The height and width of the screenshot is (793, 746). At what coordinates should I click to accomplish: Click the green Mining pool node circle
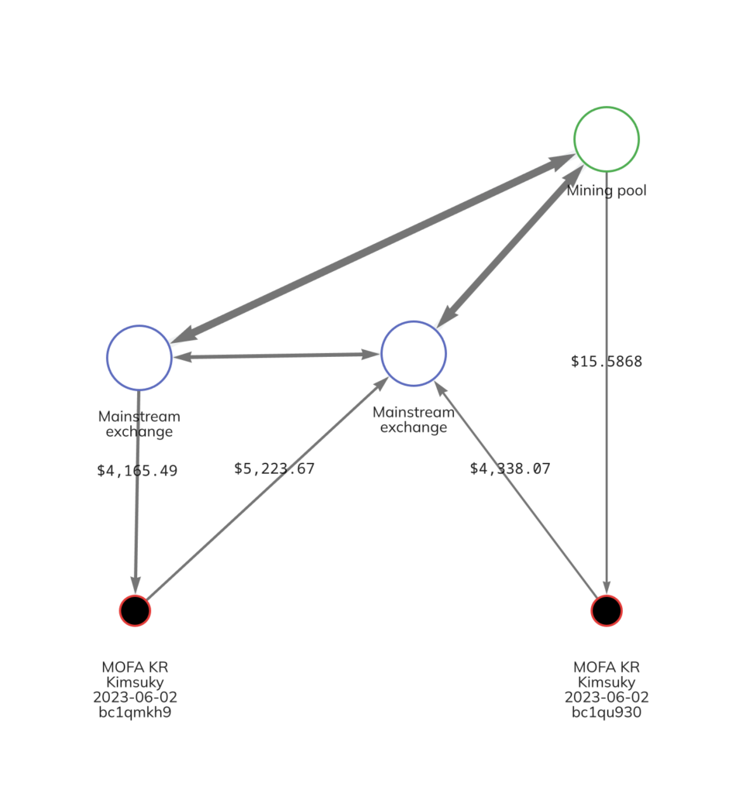click(606, 139)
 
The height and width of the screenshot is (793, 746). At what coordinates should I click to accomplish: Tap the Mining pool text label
click(606, 191)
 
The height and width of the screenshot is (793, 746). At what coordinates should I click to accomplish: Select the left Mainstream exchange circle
click(139, 357)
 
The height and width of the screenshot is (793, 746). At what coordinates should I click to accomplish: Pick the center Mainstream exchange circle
click(414, 353)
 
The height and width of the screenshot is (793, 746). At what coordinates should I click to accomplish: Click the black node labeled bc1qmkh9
click(135, 611)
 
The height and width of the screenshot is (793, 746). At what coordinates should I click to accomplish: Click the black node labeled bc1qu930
click(606, 611)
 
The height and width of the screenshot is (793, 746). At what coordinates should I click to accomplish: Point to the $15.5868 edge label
click(606, 361)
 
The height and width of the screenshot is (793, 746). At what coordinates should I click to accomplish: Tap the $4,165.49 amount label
click(137, 470)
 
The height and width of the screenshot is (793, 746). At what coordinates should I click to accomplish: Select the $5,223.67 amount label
click(274, 469)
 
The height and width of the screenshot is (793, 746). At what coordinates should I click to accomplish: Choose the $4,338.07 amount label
click(510, 469)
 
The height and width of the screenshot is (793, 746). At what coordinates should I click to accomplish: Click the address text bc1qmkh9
click(135, 712)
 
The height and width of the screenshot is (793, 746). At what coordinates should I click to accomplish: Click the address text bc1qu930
click(606, 712)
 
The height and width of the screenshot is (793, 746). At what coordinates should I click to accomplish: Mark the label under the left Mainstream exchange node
click(139, 424)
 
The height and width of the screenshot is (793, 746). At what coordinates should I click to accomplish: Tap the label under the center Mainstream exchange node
click(414, 420)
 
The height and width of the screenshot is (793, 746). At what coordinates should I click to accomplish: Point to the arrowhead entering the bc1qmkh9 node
click(136, 585)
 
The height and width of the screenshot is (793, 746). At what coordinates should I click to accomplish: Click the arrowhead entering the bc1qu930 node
click(606, 585)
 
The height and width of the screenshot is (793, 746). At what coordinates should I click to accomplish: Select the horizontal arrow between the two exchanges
click(277, 355)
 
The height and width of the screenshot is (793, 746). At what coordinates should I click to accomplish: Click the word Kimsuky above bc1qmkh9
click(135, 681)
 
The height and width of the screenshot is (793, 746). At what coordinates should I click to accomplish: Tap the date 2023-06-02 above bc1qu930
click(606, 697)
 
